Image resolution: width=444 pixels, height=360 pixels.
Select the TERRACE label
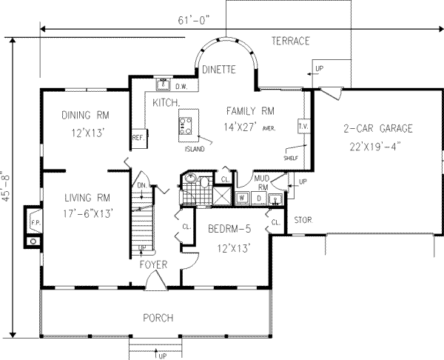point(289,41)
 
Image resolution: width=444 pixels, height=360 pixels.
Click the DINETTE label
point(218,70)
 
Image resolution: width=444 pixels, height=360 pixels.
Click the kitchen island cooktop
point(187,124)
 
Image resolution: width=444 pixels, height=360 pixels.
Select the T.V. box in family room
point(303,127)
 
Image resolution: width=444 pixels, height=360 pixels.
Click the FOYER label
point(153,264)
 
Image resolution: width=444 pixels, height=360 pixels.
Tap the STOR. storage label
point(303,220)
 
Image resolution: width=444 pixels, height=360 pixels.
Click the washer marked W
point(242,198)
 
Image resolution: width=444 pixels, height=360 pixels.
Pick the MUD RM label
point(261,182)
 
